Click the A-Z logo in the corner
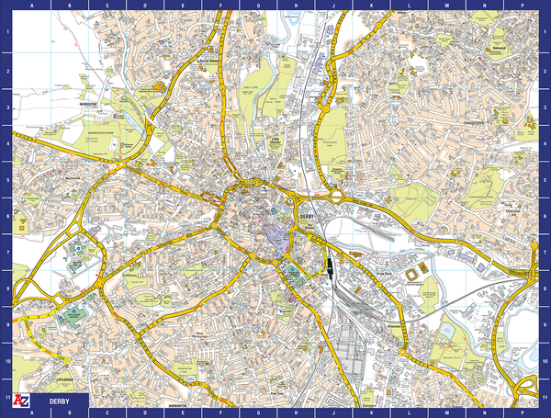click(16, 401)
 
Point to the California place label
click(131, 275)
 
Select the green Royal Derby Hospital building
click(70, 317)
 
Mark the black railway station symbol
click(327, 267)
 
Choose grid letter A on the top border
click(33, 5)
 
